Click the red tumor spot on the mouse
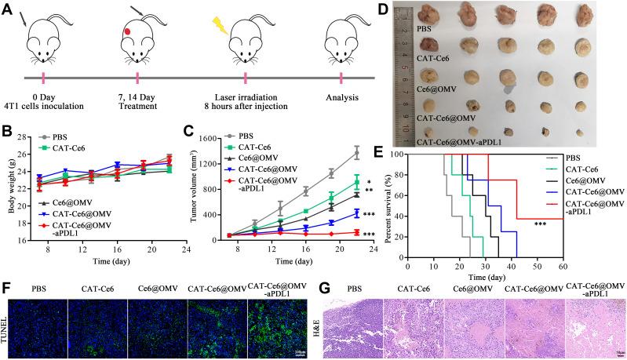(128, 32)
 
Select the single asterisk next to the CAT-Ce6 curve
(368, 182)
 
